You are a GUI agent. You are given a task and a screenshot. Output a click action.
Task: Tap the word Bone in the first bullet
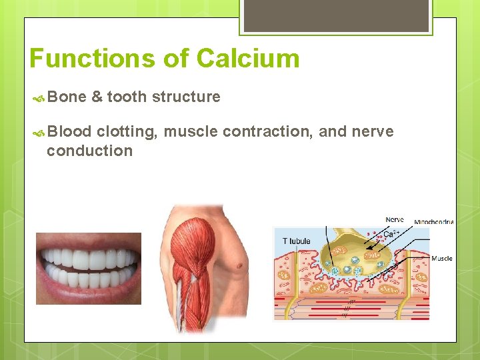(67, 97)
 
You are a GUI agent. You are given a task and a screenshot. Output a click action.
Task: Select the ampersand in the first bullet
(97, 97)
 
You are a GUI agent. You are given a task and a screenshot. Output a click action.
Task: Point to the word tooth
(127, 97)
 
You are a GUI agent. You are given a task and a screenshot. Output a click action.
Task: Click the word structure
(186, 97)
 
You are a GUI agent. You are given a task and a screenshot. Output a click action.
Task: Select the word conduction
(89, 151)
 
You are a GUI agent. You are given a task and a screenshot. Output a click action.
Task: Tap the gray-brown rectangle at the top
(336, 15)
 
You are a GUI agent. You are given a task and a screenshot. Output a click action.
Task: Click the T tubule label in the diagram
(296, 241)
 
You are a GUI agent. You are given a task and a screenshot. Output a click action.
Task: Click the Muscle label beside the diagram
(441, 259)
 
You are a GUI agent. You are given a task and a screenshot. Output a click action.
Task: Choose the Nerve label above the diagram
(395, 219)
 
